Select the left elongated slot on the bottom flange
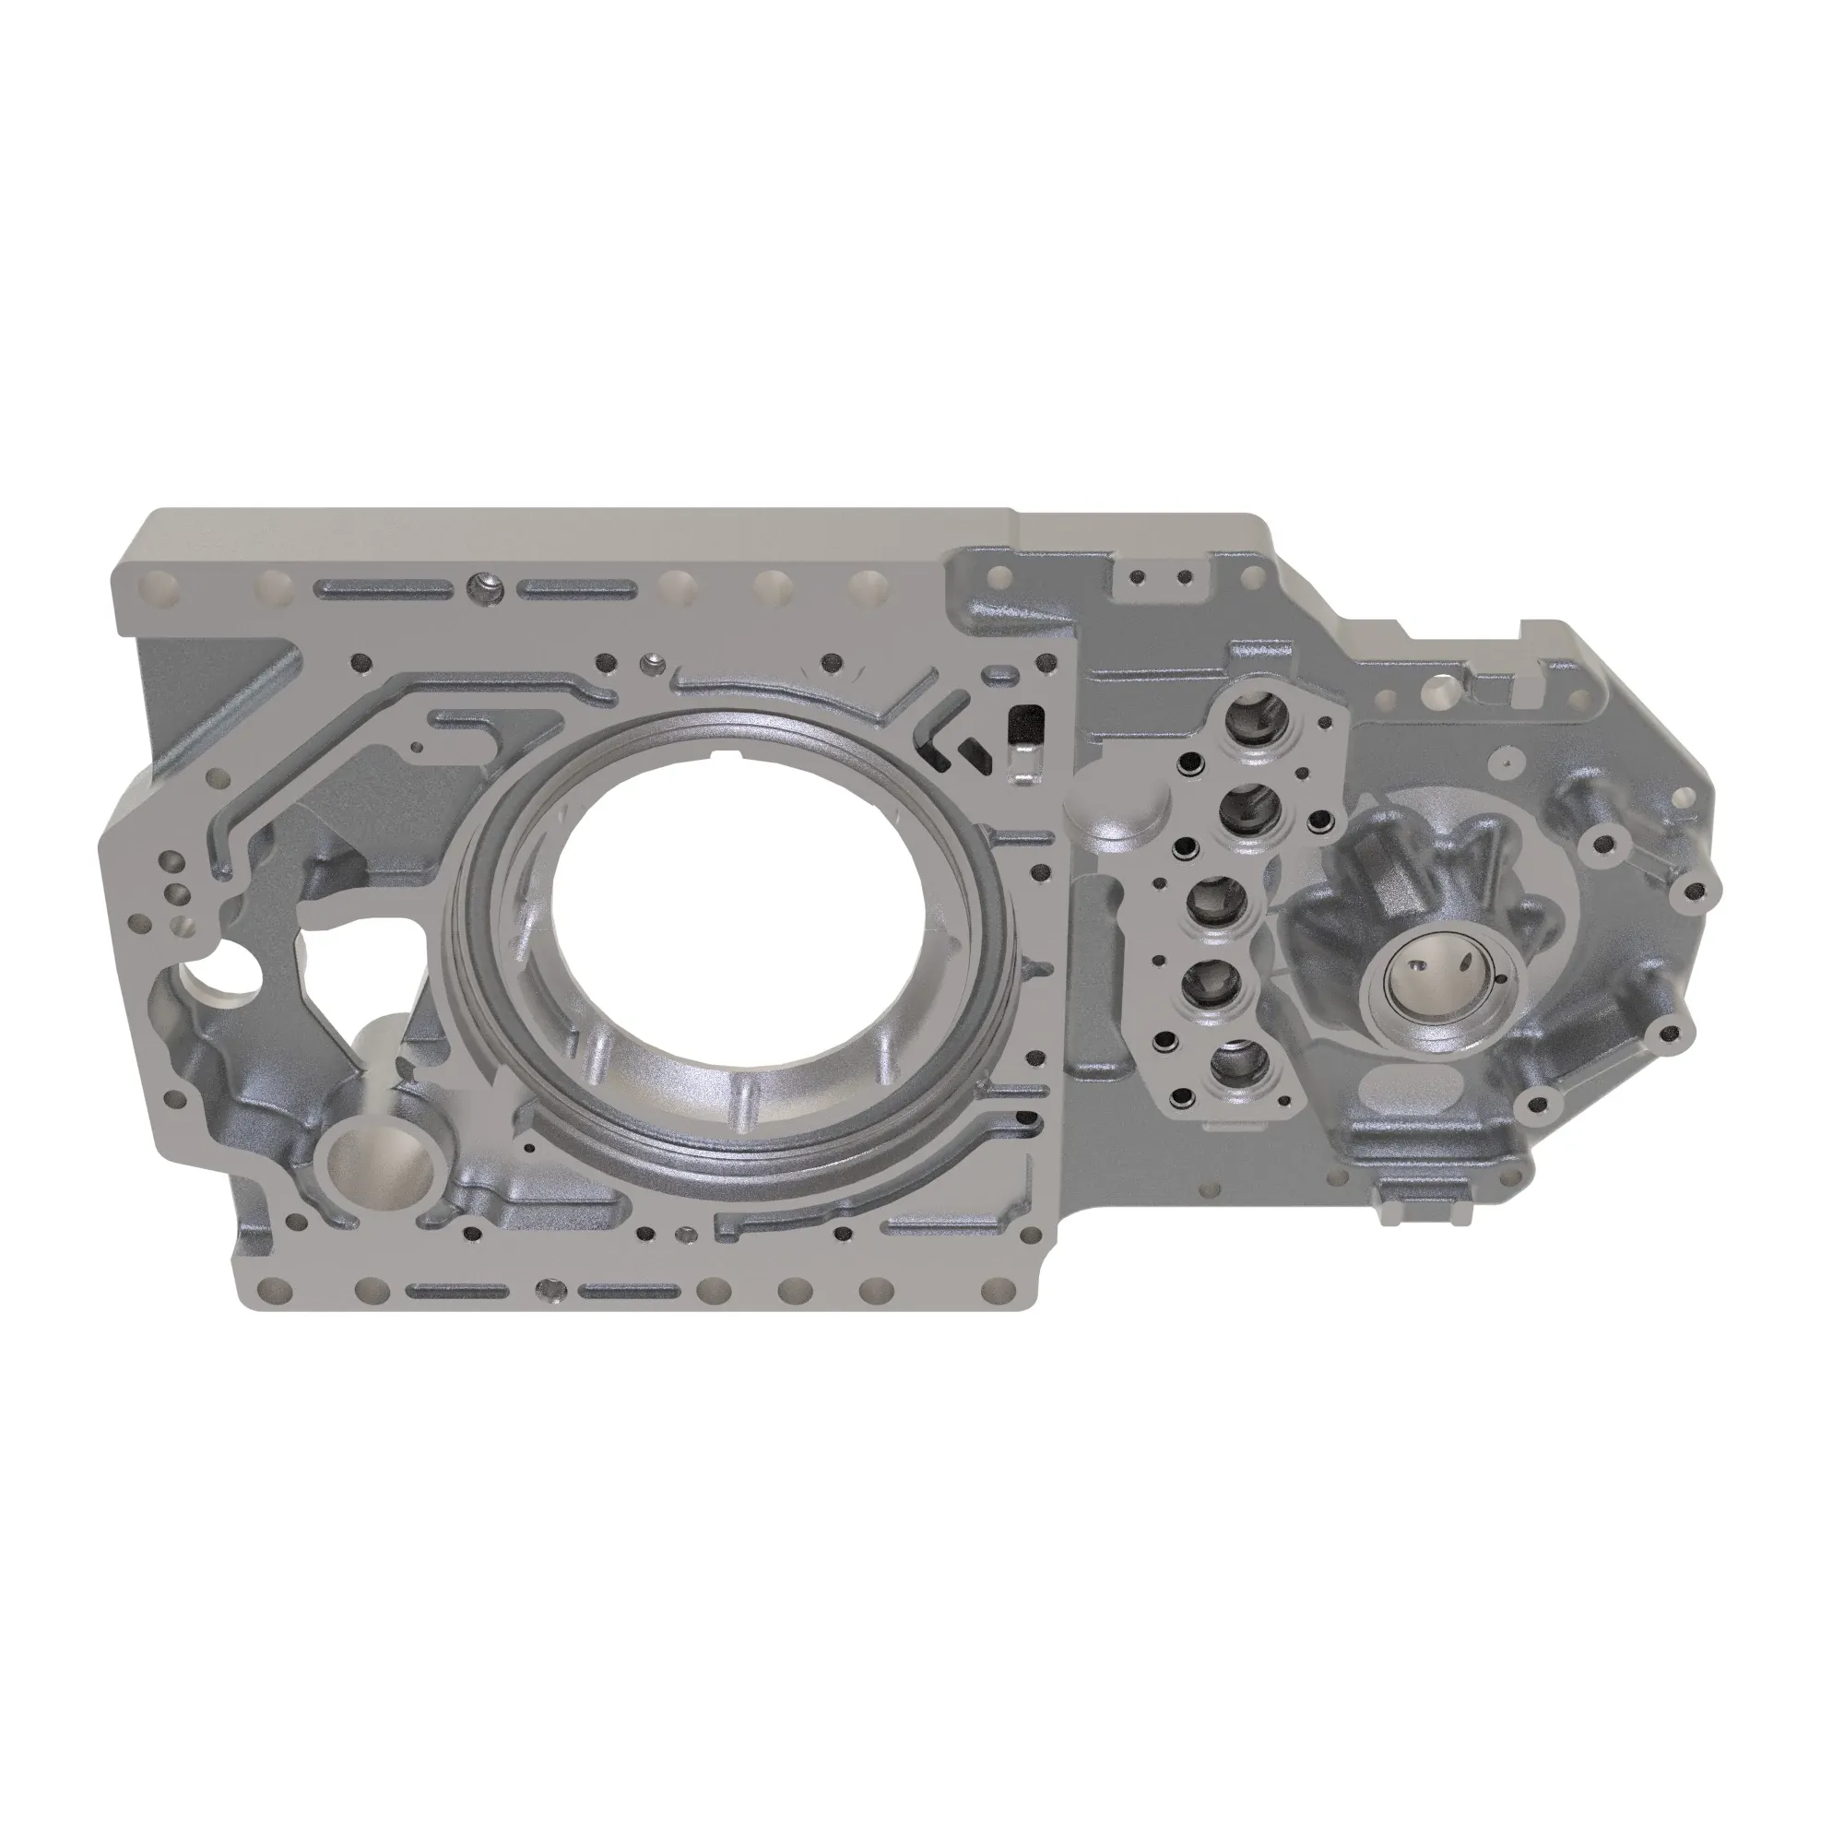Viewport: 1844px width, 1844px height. point(455,1293)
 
